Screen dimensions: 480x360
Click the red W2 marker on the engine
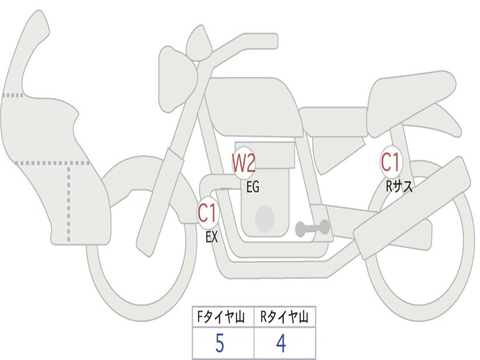(244, 164)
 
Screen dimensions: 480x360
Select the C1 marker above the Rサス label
(390, 162)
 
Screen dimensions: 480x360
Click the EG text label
(253, 187)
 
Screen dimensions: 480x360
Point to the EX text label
(211, 237)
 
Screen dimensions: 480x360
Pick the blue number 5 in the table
(220, 343)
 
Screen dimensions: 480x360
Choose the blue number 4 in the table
(281, 343)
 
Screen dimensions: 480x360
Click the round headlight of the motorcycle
(178, 80)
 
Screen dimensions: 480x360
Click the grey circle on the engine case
(265, 219)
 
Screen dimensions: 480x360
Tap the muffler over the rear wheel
(412, 208)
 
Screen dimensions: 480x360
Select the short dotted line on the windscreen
(13, 95)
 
